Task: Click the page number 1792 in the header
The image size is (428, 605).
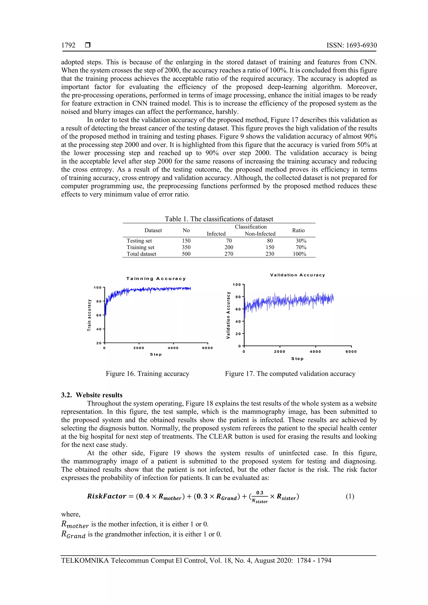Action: point(68,45)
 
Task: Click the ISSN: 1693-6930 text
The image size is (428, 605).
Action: point(352,45)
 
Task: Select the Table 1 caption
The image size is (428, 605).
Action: point(219,219)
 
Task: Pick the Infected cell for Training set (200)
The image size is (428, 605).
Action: point(229,247)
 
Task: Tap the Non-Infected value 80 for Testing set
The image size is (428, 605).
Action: point(270,241)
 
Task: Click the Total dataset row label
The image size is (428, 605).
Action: point(141,254)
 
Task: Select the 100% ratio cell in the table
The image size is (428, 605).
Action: point(299,254)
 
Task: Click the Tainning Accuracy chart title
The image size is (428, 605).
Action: point(156,278)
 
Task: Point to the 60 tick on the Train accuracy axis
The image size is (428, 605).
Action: point(99,315)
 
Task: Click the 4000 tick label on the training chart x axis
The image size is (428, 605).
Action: point(173,348)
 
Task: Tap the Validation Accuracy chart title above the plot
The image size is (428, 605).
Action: point(298,275)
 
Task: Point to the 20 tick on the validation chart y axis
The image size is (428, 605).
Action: point(238,334)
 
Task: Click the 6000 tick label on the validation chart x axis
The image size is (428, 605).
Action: point(351,352)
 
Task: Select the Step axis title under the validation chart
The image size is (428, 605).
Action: point(297,359)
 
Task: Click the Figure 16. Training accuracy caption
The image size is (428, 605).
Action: point(147,374)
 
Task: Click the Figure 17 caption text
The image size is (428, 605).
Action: point(290,374)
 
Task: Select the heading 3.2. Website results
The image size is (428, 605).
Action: point(92,395)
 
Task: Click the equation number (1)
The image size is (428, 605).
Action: point(350,496)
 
